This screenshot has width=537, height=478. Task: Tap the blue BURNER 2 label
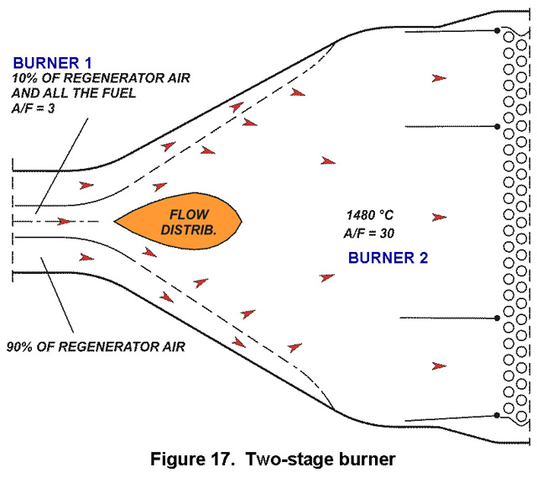pos(383,258)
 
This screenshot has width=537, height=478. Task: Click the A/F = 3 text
pos(37,108)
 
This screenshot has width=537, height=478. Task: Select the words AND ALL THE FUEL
pos(74,92)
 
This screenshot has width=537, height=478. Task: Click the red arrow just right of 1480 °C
pos(440,217)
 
